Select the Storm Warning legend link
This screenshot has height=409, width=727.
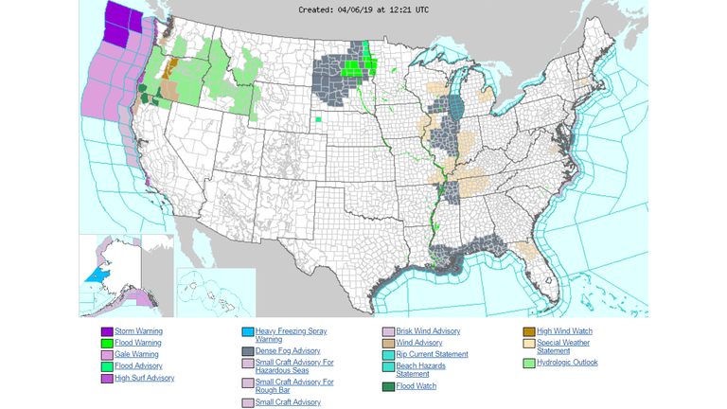coord(139,331)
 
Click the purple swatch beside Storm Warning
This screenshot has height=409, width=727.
coord(107,331)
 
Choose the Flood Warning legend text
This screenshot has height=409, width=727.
coord(139,343)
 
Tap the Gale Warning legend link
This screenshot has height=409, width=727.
coord(137,354)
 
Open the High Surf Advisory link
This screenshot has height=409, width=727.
coord(145,378)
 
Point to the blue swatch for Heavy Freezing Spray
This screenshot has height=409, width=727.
coord(248,332)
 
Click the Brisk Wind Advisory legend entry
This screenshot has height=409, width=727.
coord(428,331)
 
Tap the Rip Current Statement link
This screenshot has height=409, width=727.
coord(432,354)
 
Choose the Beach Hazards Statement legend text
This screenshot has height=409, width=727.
coord(422,369)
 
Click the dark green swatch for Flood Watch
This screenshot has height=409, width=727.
coord(389,386)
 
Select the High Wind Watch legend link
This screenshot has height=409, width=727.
coord(564,331)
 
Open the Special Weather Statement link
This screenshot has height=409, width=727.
coord(563,347)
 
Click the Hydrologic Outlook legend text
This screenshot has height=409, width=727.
coord(567,362)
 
